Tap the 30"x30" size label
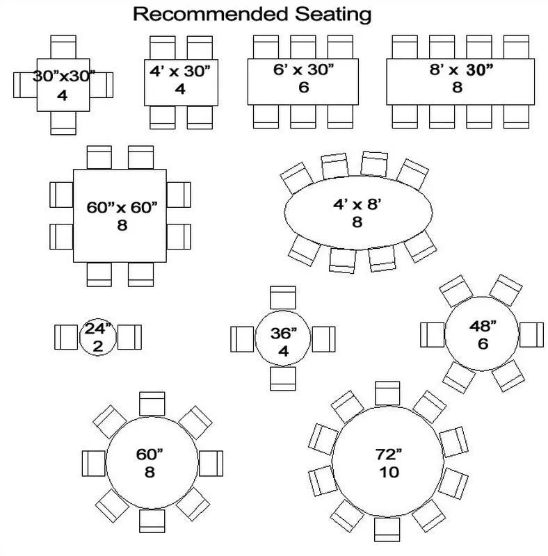point(63,76)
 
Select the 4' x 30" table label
point(179,70)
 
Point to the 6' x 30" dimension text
point(303,69)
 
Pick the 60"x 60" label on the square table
point(122,207)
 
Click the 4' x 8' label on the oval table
point(357,205)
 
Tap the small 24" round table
point(98,338)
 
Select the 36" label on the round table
point(283,333)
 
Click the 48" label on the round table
point(482,326)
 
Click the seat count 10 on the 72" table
point(389,473)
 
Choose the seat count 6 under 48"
point(482,344)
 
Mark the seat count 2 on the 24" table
point(98,346)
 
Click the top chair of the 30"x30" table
point(63,47)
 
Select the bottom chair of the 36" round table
point(283,378)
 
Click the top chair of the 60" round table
point(151,404)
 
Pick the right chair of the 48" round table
point(531,334)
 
